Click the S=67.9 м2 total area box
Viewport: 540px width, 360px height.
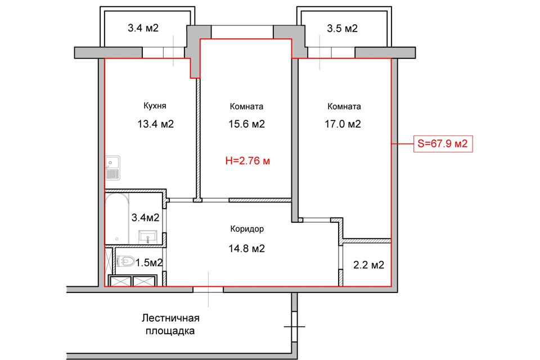tap(442, 144)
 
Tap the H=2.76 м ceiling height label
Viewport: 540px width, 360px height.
tap(247, 161)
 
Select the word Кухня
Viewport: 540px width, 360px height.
tap(154, 106)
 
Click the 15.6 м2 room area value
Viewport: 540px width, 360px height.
tap(247, 124)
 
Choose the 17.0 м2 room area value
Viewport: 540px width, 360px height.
tap(344, 124)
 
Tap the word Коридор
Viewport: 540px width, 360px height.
tap(247, 229)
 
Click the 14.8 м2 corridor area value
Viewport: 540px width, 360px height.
tap(247, 248)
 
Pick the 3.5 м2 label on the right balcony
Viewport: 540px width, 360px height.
tap(343, 28)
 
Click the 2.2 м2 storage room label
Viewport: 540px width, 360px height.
tap(368, 264)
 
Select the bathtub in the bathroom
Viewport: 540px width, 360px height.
tap(117, 219)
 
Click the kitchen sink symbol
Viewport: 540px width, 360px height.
tap(112, 169)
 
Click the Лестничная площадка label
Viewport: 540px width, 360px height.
tap(170, 325)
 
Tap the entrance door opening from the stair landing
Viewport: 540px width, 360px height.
tap(208, 288)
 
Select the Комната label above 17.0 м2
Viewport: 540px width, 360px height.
tap(344, 106)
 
